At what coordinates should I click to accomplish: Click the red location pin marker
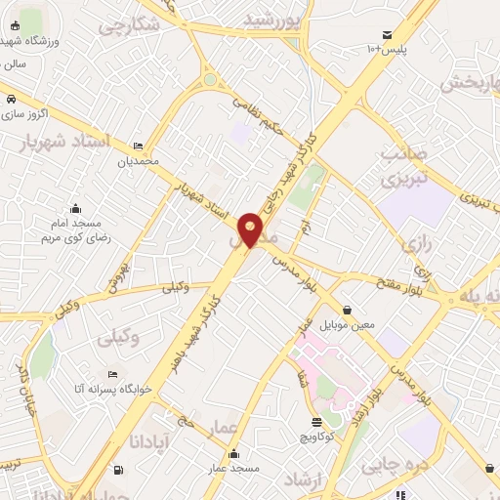tap(250, 229)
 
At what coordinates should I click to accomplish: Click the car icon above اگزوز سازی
tap(10, 100)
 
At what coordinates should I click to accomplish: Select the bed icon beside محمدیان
tap(137, 146)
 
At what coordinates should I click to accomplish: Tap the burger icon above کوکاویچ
tap(317, 422)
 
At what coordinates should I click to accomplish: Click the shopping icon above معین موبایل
tap(347, 310)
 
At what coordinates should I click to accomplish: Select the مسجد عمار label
tap(231, 469)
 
